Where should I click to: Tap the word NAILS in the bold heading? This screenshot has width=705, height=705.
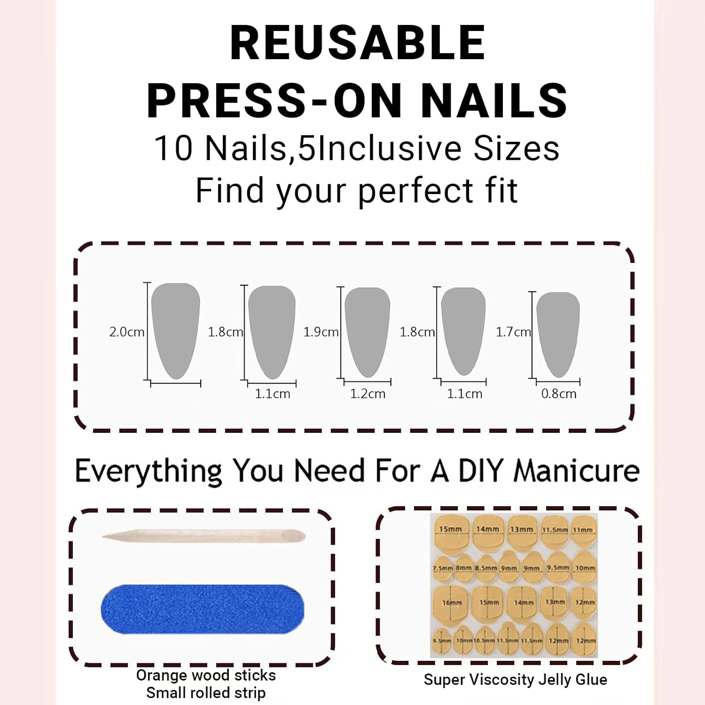493,100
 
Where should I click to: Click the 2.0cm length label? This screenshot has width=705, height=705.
126,332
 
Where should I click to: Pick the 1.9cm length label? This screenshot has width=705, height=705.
321,332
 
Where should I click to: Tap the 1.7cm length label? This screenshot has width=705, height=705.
513,332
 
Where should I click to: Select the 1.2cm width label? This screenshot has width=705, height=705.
368,394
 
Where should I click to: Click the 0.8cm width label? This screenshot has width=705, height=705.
558,394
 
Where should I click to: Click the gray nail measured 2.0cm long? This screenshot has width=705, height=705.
175,329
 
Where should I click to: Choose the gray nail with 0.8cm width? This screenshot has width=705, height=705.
558,331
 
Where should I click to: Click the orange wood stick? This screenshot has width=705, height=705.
204,536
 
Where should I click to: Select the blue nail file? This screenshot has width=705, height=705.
202,609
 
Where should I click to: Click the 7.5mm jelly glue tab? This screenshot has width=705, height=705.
442,567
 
